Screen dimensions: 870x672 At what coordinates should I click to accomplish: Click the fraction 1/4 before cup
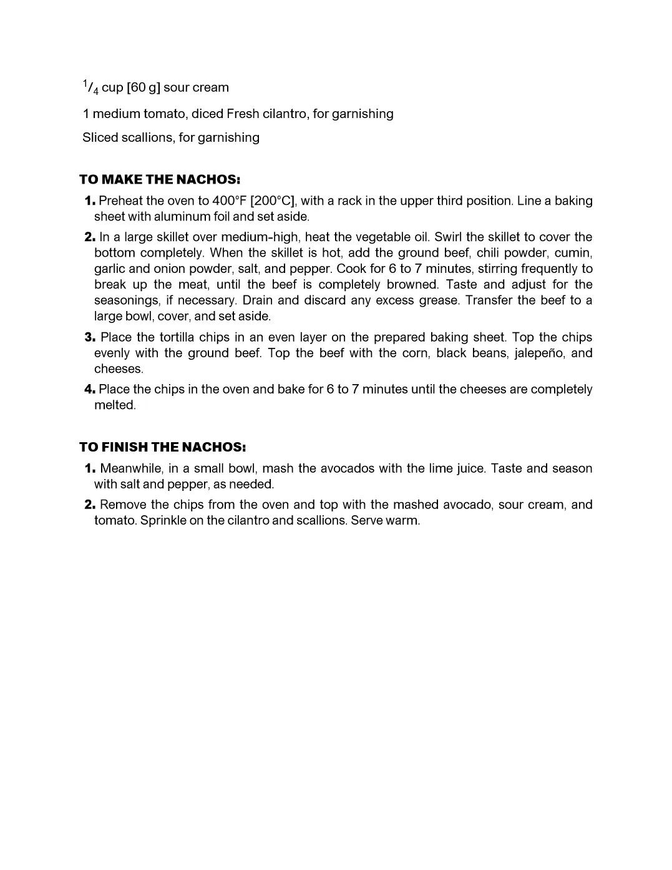(90, 87)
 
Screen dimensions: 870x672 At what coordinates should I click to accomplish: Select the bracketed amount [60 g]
(144, 87)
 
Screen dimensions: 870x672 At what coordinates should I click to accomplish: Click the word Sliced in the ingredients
(97, 137)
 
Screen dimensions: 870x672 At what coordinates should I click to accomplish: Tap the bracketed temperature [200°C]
(273, 201)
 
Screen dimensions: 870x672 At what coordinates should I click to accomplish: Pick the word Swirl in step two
(448, 237)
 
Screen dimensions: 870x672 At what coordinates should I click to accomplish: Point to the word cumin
(573, 253)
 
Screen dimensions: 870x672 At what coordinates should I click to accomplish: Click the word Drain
(257, 300)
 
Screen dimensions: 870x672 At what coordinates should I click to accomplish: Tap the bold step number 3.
(90, 337)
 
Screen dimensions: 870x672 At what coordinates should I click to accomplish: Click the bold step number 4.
(90, 389)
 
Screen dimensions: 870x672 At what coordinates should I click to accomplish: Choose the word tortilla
(177, 337)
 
